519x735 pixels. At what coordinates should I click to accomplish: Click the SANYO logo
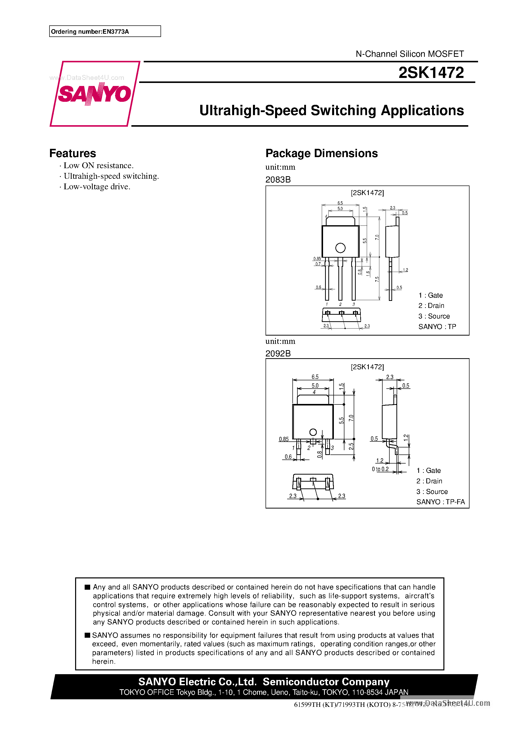(x=95, y=94)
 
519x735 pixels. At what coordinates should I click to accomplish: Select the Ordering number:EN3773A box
(x=105, y=31)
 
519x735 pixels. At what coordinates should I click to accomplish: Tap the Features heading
(x=73, y=153)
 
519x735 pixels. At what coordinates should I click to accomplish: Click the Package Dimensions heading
(x=321, y=153)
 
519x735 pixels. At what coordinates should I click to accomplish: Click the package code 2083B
(x=278, y=179)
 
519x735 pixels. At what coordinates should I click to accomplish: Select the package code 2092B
(x=278, y=353)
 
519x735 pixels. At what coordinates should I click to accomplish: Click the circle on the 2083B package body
(x=340, y=248)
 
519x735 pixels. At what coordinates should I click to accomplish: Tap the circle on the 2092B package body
(x=313, y=432)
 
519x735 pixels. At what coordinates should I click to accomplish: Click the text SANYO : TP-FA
(x=440, y=502)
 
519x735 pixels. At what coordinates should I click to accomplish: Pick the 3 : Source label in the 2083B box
(x=434, y=316)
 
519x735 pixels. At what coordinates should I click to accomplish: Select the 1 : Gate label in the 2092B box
(x=429, y=471)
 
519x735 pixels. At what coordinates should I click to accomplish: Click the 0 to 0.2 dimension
(x=380, y=469)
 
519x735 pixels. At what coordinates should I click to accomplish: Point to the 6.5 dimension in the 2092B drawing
(x=315, y=377)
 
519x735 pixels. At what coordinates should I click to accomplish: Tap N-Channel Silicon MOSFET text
(x=409, y=54)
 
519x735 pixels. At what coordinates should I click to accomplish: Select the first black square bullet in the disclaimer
(x=87, y=587)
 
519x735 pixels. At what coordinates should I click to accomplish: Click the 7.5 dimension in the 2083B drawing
(x=377, y=279)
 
